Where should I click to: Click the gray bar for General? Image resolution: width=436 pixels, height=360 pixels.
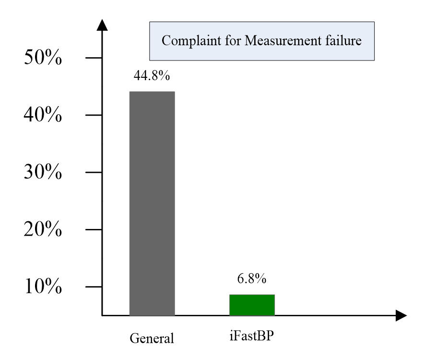[152, 203]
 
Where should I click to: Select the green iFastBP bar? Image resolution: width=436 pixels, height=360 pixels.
[252, 305]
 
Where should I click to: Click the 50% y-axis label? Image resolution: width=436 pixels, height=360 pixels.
[43, 59]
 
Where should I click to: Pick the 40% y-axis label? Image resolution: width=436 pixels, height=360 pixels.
[43, 116]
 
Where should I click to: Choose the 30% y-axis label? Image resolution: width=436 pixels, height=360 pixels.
[43, 173]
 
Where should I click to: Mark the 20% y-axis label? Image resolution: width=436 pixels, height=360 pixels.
[43, 230]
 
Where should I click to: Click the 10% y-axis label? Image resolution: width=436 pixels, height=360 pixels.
[43, 287]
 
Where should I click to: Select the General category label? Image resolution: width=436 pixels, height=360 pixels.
[152, 339]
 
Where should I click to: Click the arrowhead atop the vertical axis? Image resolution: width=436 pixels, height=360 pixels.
[102, 25]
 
